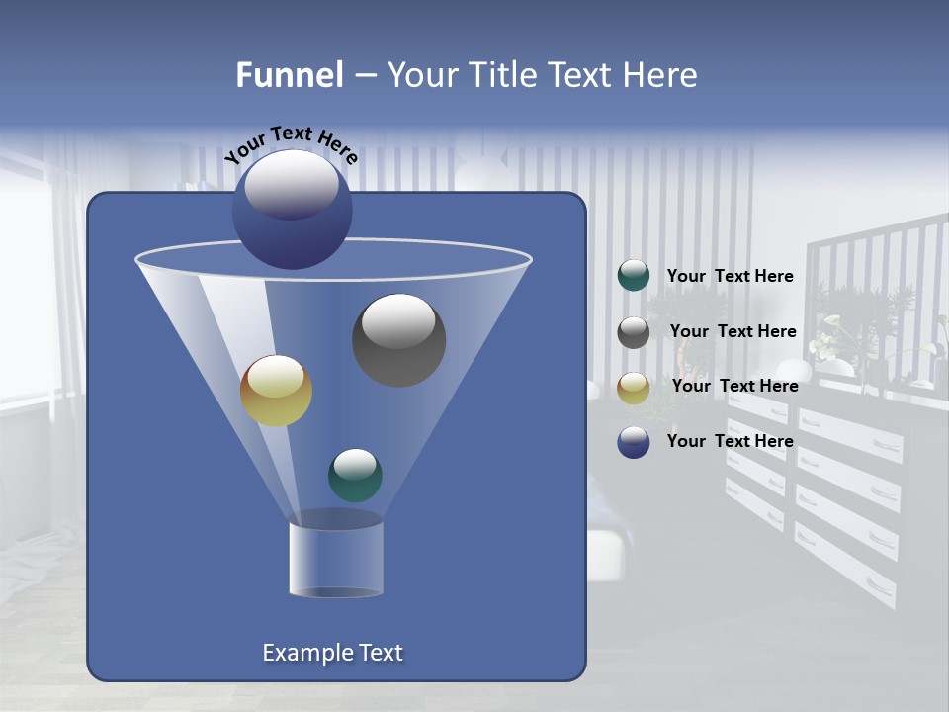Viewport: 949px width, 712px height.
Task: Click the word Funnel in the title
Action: coord(289,75)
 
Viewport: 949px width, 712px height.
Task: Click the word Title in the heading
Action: coord(502,75)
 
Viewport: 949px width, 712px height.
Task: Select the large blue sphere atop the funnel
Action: coord(292,209)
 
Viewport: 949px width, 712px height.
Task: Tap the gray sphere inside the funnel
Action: coord(398,339)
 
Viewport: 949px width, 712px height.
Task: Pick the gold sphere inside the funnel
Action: coord(276,391)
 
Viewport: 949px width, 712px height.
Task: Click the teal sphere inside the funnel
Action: coord(355,475)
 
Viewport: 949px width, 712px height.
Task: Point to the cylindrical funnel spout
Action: coord(335,559)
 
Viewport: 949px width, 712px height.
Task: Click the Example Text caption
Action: coord(332,653)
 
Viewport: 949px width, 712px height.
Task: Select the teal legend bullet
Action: coord(634,276)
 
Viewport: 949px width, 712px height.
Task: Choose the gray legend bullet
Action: coord(634,332)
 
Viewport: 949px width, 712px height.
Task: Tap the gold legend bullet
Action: coord(634,388)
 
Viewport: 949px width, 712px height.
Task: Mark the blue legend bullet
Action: coord(634,442)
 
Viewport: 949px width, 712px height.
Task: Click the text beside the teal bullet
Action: coord(730,277)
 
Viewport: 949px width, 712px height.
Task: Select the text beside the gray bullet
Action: coord(733,332)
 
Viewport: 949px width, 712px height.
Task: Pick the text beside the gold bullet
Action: coord(734,387)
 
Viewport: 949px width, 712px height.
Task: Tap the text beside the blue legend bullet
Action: coord(730,442)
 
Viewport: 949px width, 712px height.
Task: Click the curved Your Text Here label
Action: coord(292,142)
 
